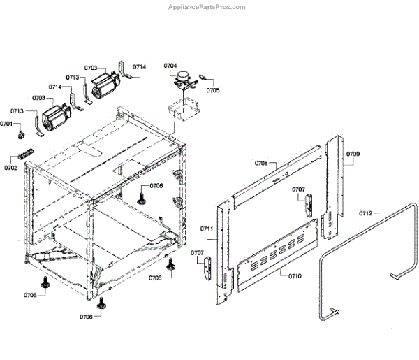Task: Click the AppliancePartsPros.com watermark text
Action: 207,7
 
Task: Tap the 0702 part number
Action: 10,168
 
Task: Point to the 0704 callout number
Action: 171,66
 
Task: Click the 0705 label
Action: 213,90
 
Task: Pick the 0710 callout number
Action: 295,276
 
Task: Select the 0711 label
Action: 206,229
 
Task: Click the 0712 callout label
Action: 366,213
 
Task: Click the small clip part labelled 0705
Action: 203,78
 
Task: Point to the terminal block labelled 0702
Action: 26,154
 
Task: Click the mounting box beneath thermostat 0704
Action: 184,110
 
